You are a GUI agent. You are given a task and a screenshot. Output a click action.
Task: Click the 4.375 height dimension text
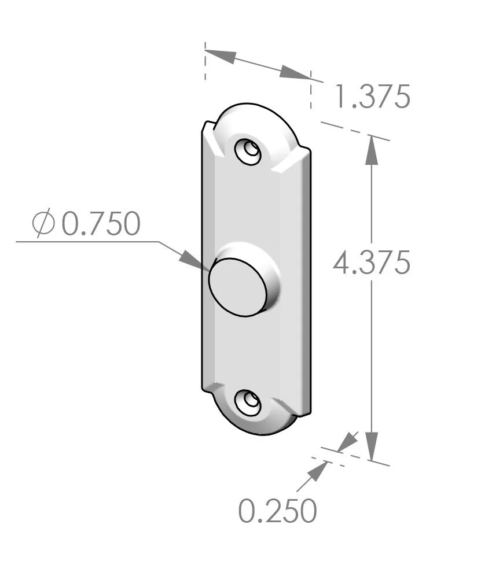(372, 263)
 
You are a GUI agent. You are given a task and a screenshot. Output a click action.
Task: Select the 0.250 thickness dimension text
(278, 510)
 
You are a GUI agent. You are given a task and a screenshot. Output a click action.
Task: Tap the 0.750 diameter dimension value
(101, 224)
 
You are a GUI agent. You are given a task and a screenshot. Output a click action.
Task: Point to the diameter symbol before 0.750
(43, 224)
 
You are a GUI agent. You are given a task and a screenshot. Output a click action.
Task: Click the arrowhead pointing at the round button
(193, 260)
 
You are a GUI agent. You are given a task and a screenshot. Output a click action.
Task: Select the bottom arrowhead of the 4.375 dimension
(372, 446)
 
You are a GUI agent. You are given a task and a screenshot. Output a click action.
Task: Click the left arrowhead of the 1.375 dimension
(221, 56)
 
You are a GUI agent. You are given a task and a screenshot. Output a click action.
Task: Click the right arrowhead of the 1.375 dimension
(295, 73)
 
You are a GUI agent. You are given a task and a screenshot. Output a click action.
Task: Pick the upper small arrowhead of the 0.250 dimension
(347, 442)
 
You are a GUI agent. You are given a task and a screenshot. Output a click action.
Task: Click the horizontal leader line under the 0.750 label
(87, 241)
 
